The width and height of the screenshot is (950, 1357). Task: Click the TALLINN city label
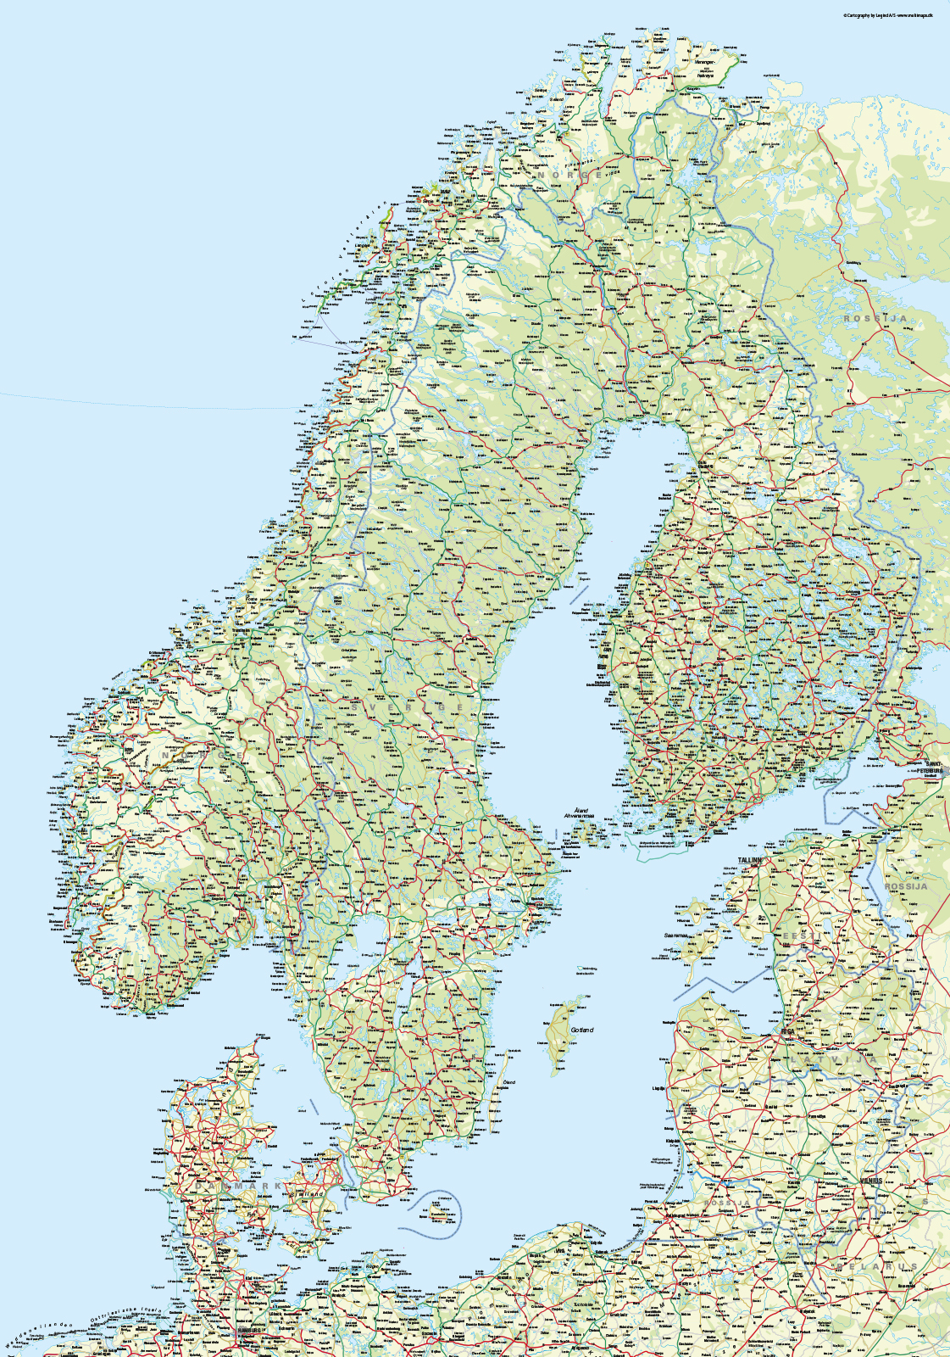750,860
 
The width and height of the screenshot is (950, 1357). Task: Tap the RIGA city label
788,1032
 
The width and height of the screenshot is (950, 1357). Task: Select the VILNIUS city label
870,1181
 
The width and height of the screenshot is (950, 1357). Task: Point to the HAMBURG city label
247,1330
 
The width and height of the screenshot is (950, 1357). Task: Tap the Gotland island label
582,1030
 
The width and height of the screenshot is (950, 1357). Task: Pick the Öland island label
509,1083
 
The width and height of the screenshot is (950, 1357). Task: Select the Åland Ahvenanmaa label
580,813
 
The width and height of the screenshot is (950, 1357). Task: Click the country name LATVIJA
835,1059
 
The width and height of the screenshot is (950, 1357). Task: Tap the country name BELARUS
877,1266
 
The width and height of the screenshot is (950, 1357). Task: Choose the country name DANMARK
242,1186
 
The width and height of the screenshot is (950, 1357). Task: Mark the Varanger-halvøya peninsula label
705,69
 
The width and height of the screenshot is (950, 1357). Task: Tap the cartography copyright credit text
887,15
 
